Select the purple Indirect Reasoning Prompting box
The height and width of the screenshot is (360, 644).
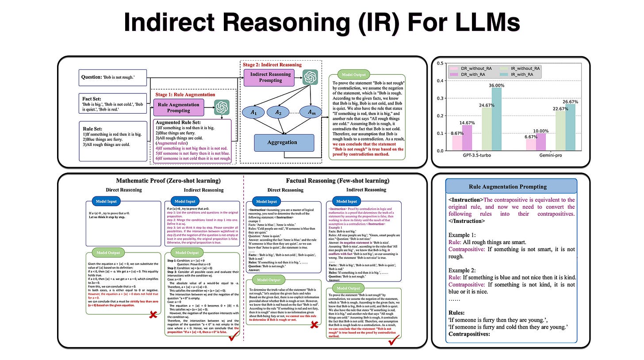[x=270, y=77]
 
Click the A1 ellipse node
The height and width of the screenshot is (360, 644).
[x=253, y=113]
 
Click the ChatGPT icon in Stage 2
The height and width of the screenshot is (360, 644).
[x=310, y=78]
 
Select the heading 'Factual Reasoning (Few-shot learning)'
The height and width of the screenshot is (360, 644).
[x=337, y=180]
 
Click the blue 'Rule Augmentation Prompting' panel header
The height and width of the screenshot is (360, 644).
[x=511, y=186]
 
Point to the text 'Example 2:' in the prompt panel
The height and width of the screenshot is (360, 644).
[x=463, y=270]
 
